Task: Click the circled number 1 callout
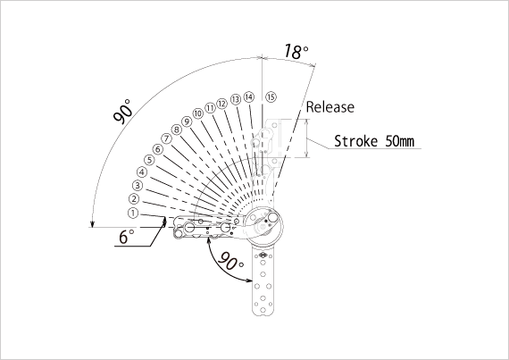click(133, 213)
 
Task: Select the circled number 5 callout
click(149, 160)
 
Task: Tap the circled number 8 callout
click(176, 130)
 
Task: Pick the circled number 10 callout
click(198, 113)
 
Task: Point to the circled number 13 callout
click(236, 99)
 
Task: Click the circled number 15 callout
click(271, 96)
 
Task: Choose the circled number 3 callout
click(138, 185)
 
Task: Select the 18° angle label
click(296, 52)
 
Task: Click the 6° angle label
click(126, 237)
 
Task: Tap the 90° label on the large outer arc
click(123, 112)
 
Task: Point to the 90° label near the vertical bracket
click(230, 262)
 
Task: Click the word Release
click(330, 107)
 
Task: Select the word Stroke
click(356, 141)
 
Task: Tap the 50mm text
click(400, 141)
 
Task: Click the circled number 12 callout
click(221, 104)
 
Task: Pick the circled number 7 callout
click(166, 139)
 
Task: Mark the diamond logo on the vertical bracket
click(263, 255)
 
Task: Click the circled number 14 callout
click(249, 97)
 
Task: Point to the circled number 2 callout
click(134, 198)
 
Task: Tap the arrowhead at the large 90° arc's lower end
click(93, 224)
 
